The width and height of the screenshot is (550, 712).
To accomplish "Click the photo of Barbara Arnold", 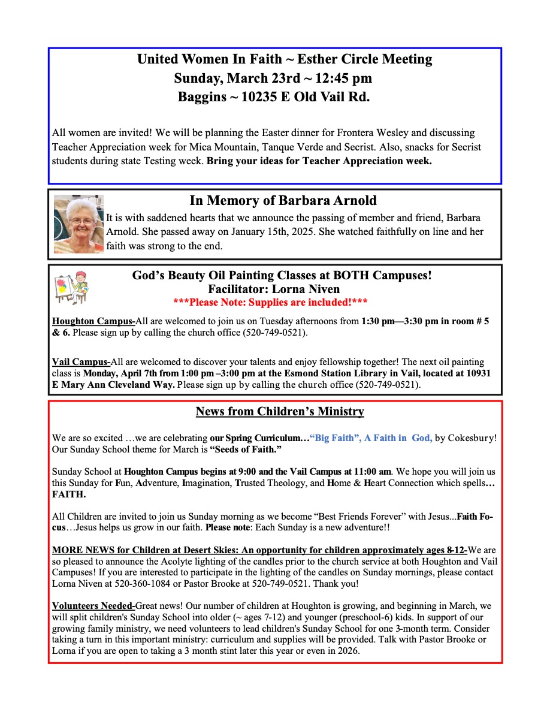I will pos(78,224).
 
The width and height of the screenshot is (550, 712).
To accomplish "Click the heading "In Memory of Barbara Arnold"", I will pos(283,200).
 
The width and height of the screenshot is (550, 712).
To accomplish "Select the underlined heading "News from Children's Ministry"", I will pos(280,412).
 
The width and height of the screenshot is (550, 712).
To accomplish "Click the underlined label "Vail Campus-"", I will pos(81,362).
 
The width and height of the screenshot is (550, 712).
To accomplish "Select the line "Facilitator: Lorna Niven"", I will pos(282,289).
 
